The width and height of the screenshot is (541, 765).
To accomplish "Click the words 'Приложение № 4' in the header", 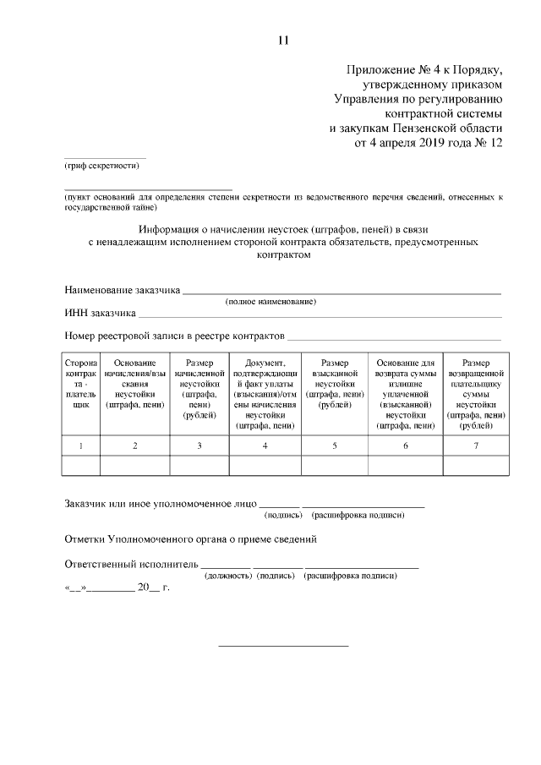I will (x=386, y=69).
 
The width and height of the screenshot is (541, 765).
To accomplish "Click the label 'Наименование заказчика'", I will (x=123, y=290).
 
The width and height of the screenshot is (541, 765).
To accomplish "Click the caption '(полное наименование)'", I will (x=270, y=302).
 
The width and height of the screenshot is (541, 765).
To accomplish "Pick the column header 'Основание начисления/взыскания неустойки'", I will (x=135, y=384).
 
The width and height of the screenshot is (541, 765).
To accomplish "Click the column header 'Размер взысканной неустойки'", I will (x=335, y=383).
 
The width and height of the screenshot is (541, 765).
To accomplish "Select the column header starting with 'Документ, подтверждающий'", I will (x=265, y=393).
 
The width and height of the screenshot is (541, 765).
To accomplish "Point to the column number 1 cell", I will (x=81, y=445).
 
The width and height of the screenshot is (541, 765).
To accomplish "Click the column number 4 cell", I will (x=265, y=445).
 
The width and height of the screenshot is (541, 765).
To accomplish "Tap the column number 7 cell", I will (x=476, y=445).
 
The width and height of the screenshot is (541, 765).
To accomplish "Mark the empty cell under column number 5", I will (x=335, y=465).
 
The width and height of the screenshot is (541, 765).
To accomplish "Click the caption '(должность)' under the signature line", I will (x=228, y=576).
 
